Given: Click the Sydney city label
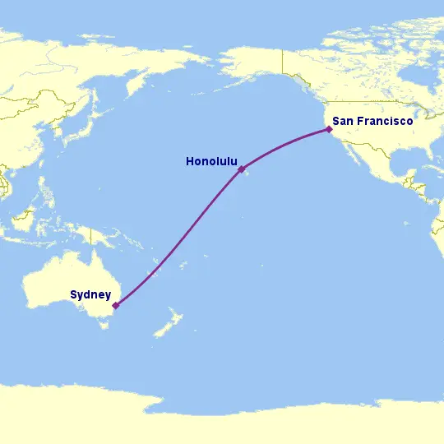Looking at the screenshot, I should click(90, 294).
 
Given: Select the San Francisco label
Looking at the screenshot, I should click(372, 121).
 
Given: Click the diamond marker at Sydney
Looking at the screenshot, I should click(116, 305).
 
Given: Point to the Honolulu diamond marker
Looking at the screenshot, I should click(242, 169).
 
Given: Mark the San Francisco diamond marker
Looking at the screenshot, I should click(329, 129).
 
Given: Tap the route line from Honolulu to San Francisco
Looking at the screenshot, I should click(284, 143).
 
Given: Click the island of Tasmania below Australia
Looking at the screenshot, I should click(104, 324).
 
